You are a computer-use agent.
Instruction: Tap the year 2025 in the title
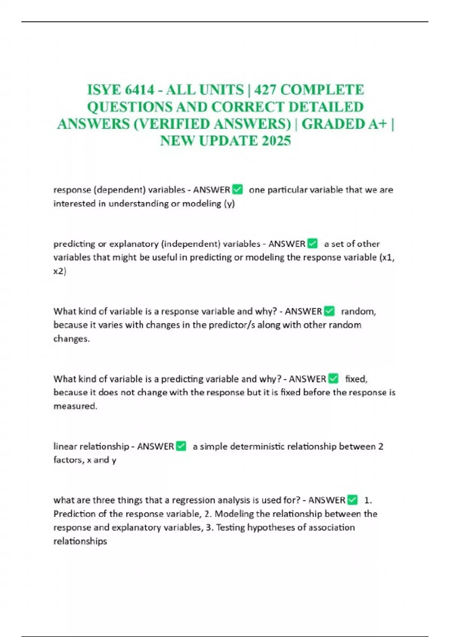pos(276,141)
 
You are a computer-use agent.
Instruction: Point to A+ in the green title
pos(377,124)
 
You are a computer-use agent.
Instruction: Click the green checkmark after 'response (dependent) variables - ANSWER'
pos(237,190)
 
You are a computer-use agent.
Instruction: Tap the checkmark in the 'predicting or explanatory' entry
pos(312,244)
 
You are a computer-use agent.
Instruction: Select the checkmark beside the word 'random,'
pos(329,311)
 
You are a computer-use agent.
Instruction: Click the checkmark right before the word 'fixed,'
pos(333,379)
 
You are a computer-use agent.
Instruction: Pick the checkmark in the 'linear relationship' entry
pos(181,446)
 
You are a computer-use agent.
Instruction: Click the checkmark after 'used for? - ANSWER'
pos(352,500)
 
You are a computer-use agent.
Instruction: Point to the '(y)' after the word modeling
pos(229,203)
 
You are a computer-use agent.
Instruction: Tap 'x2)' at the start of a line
pos(60,271)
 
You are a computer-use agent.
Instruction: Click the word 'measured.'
pos(75,406)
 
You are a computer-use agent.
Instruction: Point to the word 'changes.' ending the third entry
pos(72,339)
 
